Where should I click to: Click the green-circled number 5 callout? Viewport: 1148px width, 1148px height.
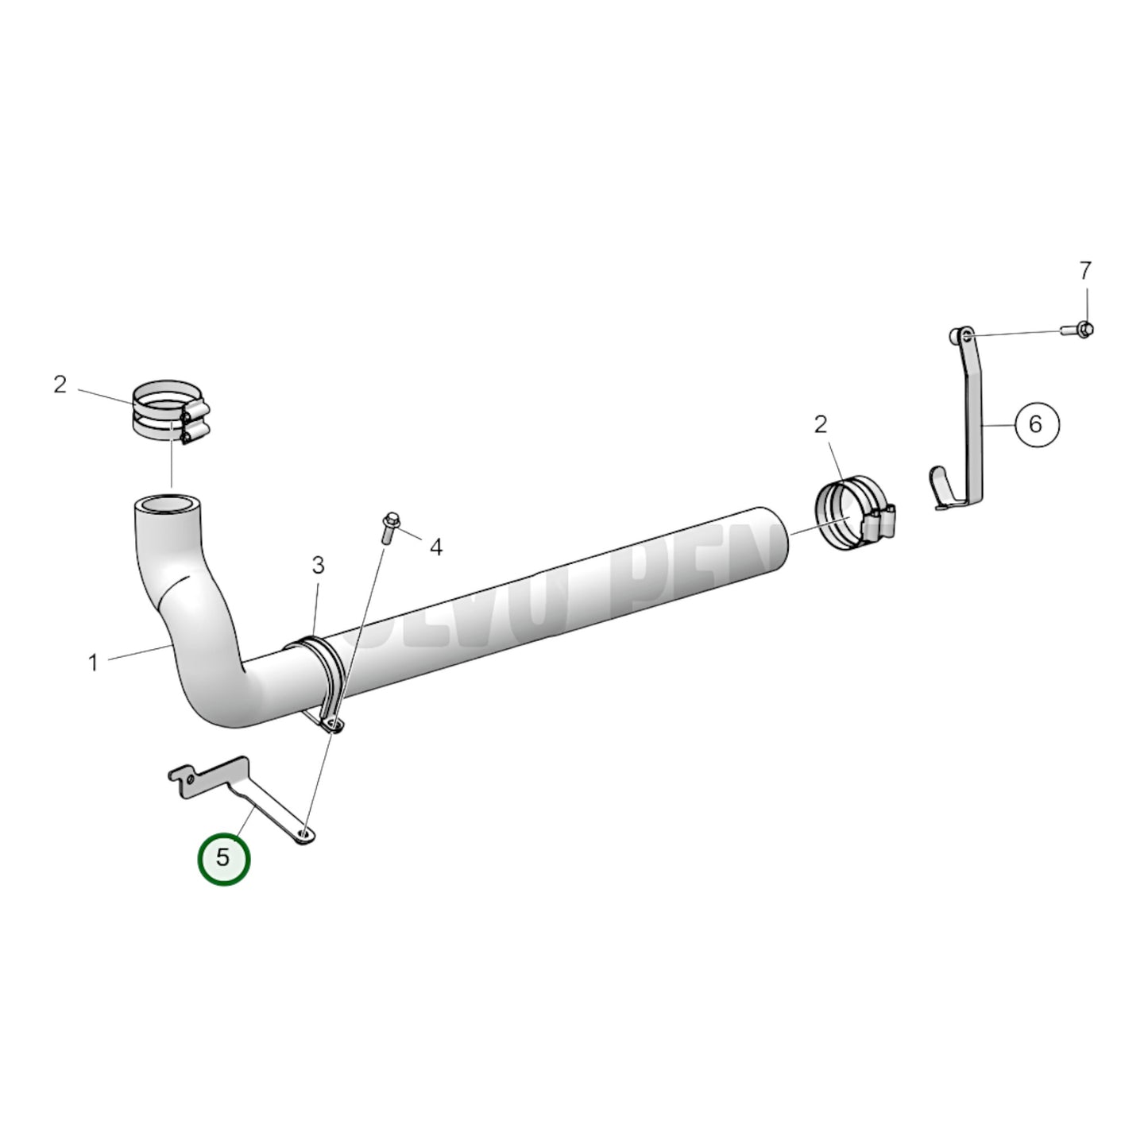[224, 858]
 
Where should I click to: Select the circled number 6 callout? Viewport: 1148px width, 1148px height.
[1035, 424]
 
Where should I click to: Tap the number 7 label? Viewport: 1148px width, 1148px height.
[1085, 271]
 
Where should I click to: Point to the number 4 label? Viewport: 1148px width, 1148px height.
[436, 547]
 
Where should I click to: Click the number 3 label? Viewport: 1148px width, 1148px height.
[318, 566]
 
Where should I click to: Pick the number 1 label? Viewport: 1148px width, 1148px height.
[93, 662]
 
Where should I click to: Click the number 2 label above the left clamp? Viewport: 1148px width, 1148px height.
[60, 385]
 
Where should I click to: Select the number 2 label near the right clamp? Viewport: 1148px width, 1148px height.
[821, 424]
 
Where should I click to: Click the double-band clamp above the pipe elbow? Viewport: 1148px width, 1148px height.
[168, 412]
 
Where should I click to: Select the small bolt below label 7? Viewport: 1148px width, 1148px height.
[1079, 327]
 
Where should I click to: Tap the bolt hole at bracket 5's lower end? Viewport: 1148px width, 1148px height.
[304, 833]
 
